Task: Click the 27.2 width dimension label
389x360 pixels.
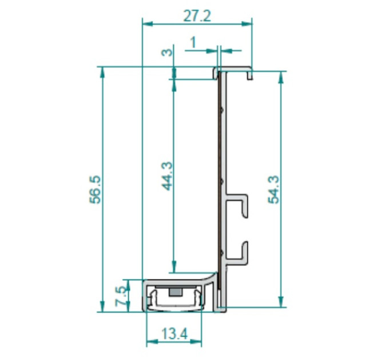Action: pos(197,16)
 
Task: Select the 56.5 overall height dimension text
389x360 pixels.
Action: pos(96,190)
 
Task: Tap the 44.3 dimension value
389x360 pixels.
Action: pos(168,176)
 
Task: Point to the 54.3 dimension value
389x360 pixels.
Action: pos(273,190)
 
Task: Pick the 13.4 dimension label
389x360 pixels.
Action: pos(174,334)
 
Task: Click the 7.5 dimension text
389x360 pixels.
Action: pos(121,296)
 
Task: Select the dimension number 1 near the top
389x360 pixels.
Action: pos(193,42)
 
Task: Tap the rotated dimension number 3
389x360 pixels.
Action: pos(167,53)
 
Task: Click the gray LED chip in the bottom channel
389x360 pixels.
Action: pos(175,292)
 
